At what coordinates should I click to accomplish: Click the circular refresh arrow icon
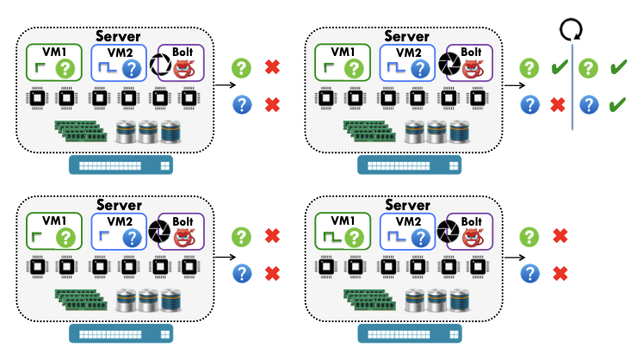pos(570,31)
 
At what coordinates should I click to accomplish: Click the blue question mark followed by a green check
pos(589,105)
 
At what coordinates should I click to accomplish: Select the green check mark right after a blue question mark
pos(616,105)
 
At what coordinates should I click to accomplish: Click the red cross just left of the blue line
pos(558,105)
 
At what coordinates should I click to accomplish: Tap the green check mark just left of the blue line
pos(558,68)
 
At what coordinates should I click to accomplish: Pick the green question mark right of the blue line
pos(589,68)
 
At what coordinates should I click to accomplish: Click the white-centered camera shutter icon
pos(162,64)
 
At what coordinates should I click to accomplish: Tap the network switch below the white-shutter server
pos(120,163)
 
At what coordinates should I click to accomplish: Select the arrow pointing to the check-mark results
pos(516,85)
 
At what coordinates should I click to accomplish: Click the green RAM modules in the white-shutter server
pos(83,129)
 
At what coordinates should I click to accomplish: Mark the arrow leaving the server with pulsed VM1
pos(516,256)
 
